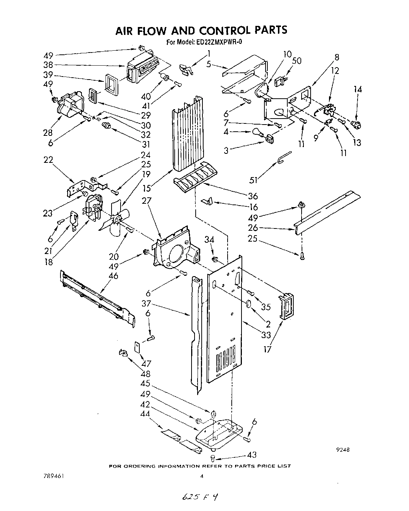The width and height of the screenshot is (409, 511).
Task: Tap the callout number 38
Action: (x=48, y=64)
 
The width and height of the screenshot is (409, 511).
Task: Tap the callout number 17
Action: (x=267, y=350)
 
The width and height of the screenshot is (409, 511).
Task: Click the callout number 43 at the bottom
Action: (x=252, y=455)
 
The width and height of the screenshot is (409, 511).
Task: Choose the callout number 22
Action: (x=48, y=160)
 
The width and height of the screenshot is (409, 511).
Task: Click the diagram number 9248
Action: (x=343, y=450)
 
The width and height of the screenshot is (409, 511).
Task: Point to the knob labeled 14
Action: (x=355, y=124)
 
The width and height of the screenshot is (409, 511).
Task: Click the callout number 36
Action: (x=253, y=196)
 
